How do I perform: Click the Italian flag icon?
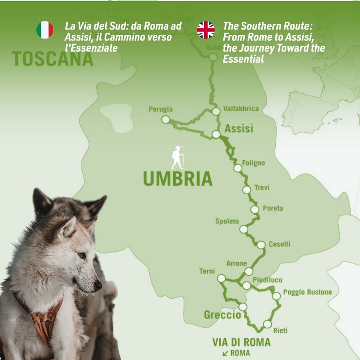(x=45, y=30)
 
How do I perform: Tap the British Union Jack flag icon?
(x=206, y=30)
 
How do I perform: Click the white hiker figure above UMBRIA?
(x=178, y=157)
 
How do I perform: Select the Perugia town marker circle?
(x=165, y=119)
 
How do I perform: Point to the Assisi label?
(x=239, y=128)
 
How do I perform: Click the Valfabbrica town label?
(x=241, y=109)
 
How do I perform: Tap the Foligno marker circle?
(x=238, y=168)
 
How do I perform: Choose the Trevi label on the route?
(x=261, y=188)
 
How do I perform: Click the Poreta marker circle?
(x=254, y=209)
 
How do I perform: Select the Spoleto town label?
(x=227, y=221)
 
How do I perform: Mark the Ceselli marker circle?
(x=261, y=245)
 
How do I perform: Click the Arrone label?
(x=236, y=263)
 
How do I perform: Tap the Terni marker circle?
(x=221, y=278)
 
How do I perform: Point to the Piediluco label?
(x=267, y=280)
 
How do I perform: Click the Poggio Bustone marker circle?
(x=277, y=295)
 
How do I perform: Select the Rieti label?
(x=280, y=330)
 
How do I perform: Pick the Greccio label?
(x=222, y=315)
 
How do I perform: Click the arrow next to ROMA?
(x=225, y=353)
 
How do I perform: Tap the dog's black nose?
(x=98, y=285)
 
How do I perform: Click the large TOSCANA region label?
(x=52, y=59)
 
